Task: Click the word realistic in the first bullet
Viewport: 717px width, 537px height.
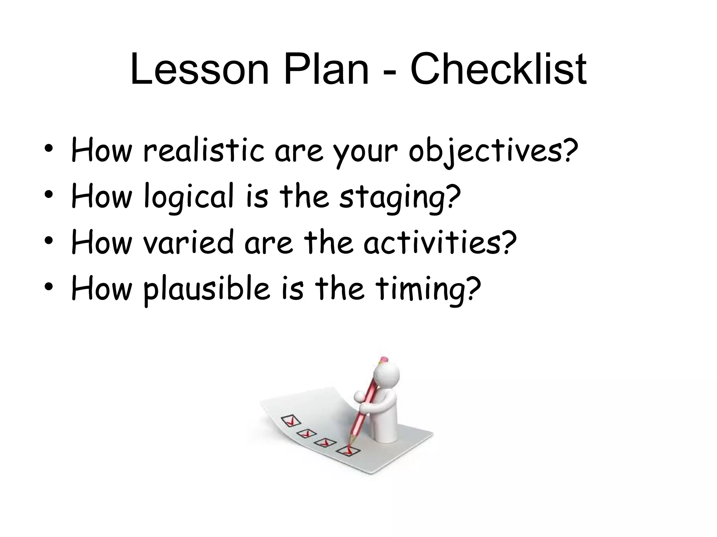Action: (203, 151)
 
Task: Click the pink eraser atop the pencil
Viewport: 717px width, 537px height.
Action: (384, 359)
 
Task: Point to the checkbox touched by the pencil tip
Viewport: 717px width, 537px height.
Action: (348, 451)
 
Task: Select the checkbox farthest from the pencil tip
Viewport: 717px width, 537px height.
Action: (289, 420)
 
